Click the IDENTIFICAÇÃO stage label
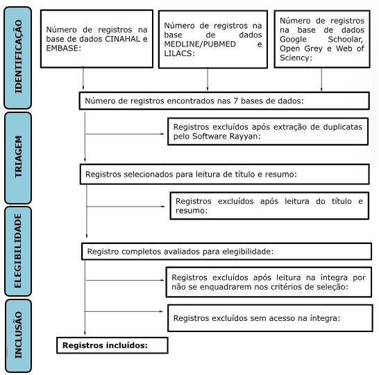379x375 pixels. [17, 55]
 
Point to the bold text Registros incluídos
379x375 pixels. [106, 344]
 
